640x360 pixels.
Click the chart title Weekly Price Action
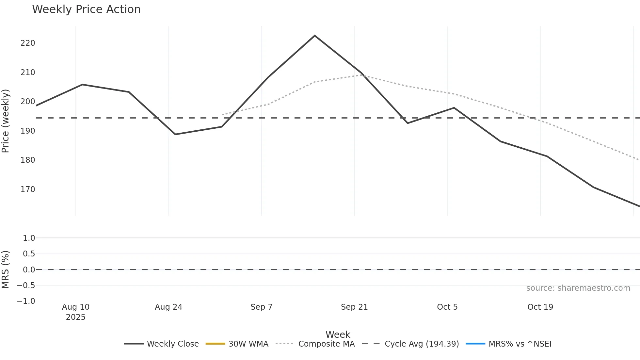point(86,9)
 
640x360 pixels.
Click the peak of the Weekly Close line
point(314,36)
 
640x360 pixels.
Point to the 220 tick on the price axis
point(28,43)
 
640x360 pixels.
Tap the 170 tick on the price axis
point(28,189)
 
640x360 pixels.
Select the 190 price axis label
point(28,131)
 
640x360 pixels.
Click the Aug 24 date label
point(168,307)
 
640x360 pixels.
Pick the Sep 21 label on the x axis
point(354,307)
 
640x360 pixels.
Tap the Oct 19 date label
point(540,307)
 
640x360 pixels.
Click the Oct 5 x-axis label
point(447,307)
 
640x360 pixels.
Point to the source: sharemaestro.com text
point(578,288)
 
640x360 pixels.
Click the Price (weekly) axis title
point(6,121)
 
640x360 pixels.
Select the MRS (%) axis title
point(6,270)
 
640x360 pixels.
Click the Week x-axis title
point(338,335)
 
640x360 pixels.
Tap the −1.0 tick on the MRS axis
point(26,301)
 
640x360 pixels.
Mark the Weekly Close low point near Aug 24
point(175,134)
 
